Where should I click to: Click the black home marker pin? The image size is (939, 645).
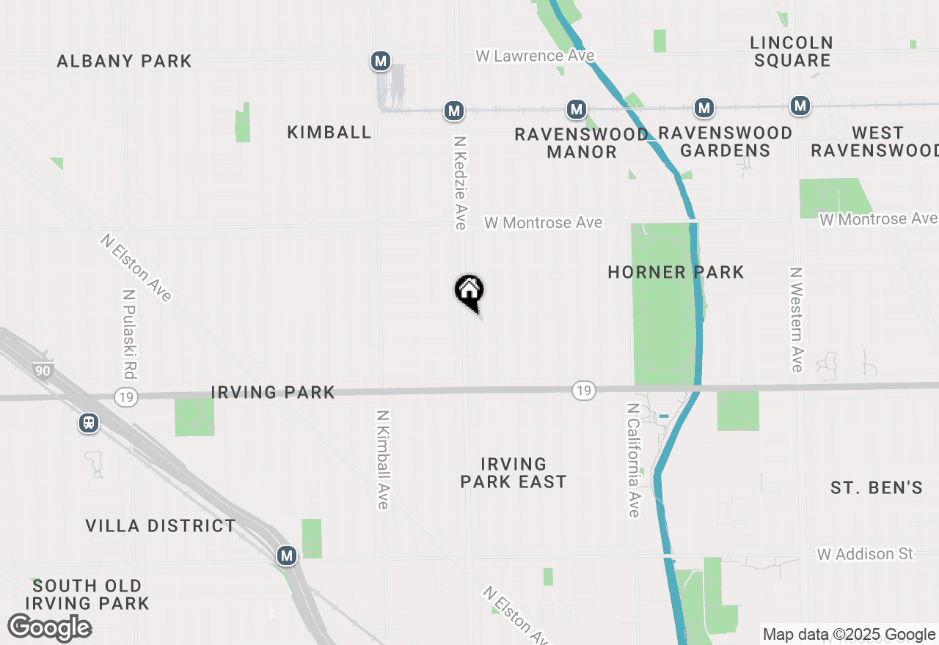[469, 291]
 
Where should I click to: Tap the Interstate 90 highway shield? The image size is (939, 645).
[43, 371]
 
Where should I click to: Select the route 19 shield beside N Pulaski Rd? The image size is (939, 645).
[126, 396]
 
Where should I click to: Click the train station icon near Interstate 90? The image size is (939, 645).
[89, 423]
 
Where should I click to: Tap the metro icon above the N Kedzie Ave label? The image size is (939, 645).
[454, 111]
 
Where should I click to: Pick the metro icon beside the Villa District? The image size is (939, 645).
[287, 556]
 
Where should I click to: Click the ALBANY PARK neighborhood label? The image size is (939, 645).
[125, 61]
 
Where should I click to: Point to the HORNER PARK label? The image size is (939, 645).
[676, 273]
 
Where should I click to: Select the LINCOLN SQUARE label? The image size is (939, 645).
[792, 51]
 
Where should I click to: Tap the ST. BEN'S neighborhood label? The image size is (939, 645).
[876, 487]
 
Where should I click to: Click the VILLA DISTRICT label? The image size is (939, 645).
[161, 526]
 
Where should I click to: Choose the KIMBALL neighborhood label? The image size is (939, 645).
[329, 133]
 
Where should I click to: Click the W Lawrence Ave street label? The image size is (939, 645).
[535, 56]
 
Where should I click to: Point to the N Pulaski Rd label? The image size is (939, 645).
[129, 333]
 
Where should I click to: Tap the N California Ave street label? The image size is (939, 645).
[633, 460]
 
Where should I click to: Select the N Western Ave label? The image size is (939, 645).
[796, 319]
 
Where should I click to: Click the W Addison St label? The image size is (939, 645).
[865, 554]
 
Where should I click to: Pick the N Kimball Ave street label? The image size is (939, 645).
[382, 459]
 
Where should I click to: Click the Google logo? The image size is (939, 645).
[49, 627]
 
